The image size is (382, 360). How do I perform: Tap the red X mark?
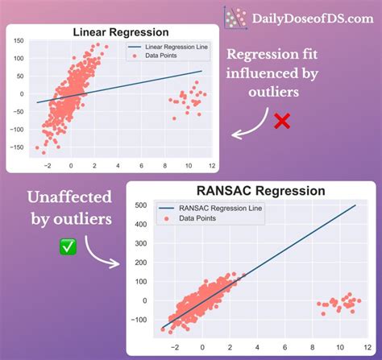tap(281, 121)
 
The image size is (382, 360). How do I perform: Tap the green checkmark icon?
tap(69, 247)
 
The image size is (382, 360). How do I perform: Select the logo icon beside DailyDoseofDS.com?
tap(235, 18)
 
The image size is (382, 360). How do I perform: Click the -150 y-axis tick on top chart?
tap(15, 147)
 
